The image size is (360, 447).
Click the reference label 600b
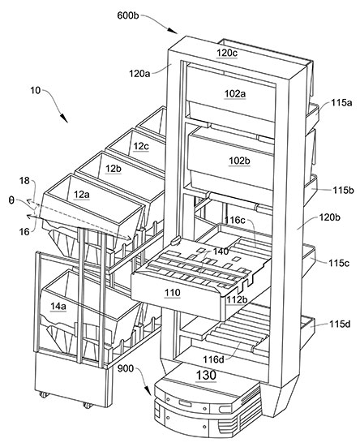click(x=128, y=15)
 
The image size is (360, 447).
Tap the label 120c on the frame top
click(x=227, y=53)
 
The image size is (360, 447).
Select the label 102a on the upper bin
click(x=235, y=93)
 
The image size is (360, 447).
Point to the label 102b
click(x=239, y=161)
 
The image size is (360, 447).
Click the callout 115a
click(x=341, y=103)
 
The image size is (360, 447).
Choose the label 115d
click(x=341, y=325)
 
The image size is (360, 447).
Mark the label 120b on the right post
click(x=330, y=217)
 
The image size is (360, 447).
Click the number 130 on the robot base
click(x=206, y=375)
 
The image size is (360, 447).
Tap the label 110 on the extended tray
click(x=173, y=293)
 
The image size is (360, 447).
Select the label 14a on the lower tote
click(x=58, y=306)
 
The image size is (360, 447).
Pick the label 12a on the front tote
click(x=81, y=195)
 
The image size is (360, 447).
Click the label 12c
click(x=141, y=146)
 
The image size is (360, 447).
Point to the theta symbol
click(x=11, y=200)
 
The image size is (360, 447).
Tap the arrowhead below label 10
click(x=64, y=118)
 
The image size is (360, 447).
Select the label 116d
click(x=213, y=359)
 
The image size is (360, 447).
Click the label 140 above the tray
click(x=221, y=251)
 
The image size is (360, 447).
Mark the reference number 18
click(x=24, y=180)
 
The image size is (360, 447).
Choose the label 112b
click(x=237, y=299)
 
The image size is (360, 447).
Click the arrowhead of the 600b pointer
click(x=172, y=30)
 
